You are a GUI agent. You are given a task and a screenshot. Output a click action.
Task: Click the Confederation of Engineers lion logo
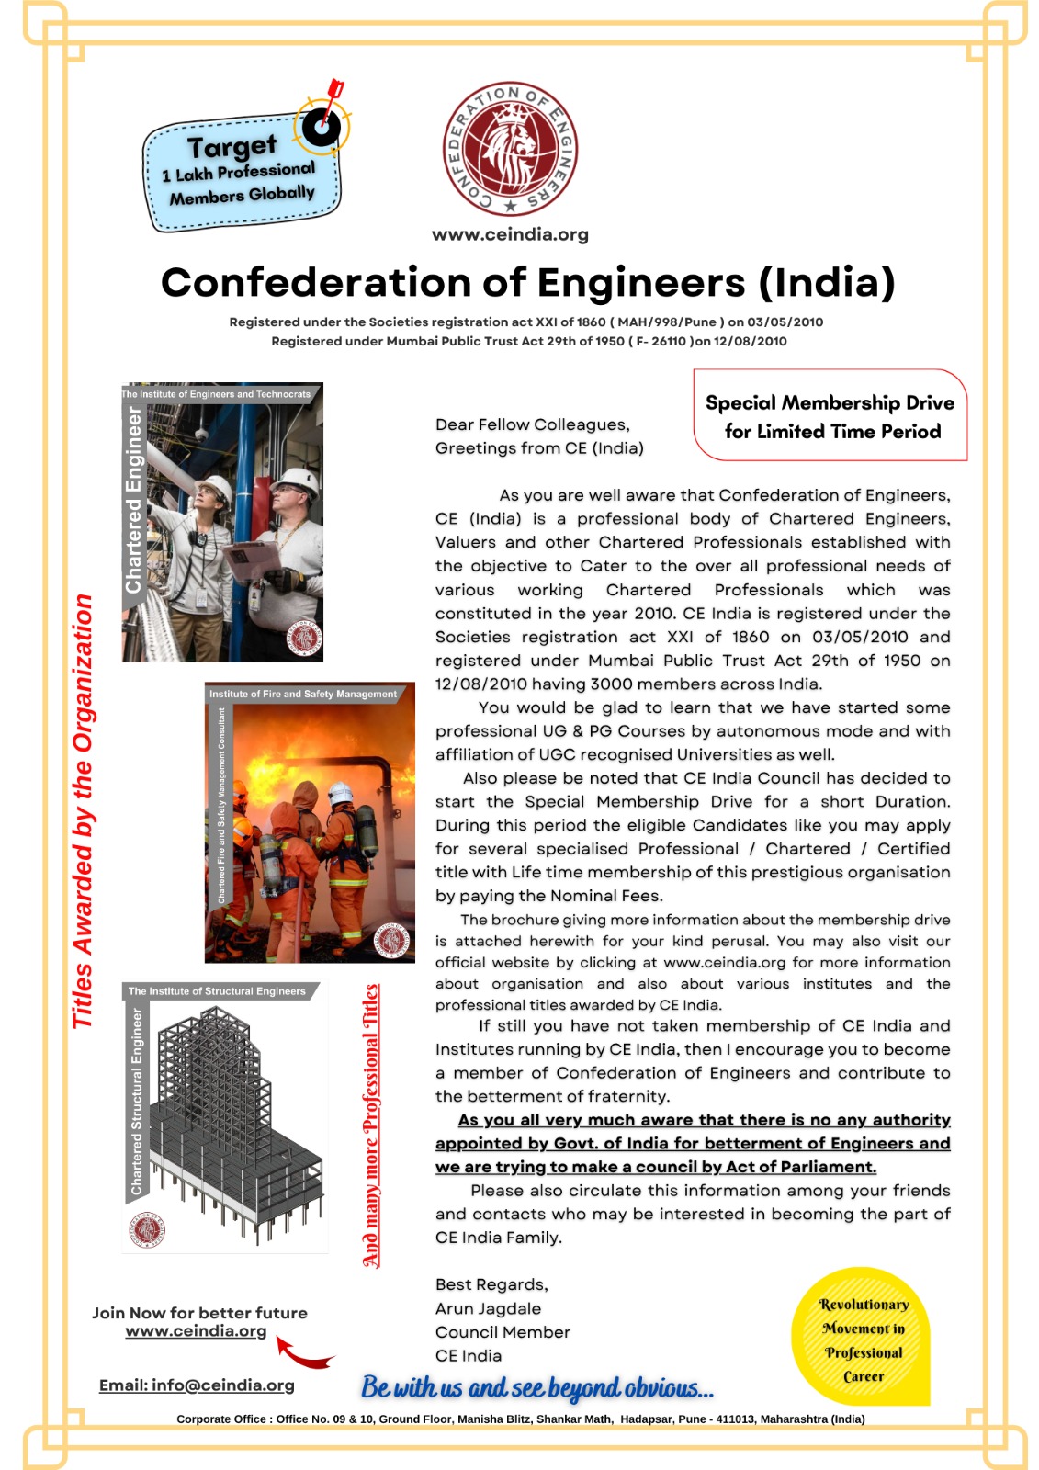pyautogui.click(x=510, y=150)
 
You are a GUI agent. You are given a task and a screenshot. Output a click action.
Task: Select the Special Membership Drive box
pyautogui.click(x=830, y=416)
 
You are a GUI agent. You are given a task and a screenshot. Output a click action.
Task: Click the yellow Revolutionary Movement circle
pyautogui.click(x=862, y=1340)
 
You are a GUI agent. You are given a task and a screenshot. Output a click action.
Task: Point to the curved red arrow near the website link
pyautogui.click(x=303, y=1352)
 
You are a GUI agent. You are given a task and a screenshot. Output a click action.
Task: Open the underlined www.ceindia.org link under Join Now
pyautogui.click(x=196, y=1331)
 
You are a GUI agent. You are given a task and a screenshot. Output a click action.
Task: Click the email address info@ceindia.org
pyautogui.click(x=197, y=1385)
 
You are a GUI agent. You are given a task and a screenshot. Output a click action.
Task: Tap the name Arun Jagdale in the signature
pyautogui.click(x=488, y=1308)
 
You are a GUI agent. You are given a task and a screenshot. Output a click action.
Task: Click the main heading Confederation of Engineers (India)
pyautogui.click(x=527, y=282)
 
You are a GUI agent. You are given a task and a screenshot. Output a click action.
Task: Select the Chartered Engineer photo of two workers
pyautogui.click(x=223, y=523)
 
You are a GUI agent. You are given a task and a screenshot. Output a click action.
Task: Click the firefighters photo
pyautogui.click(x=310, y=823)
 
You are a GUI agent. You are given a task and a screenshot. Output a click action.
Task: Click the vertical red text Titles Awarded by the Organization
pyautogui.click(x=83, y=811)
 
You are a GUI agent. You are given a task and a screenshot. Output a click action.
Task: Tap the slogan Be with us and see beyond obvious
pyautogui.click(x=536, y=1387)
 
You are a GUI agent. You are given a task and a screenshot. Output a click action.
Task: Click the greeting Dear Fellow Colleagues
pyautogui.click(x=532, y=424)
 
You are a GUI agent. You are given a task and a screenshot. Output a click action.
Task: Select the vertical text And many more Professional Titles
pyautogui.click(x=370, y=1125)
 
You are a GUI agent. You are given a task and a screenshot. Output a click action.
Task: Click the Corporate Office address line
pyautogui.click(x=520, y=1419)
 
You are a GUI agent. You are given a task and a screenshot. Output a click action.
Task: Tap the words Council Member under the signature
pyautogui.click(x=503, y=1332)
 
